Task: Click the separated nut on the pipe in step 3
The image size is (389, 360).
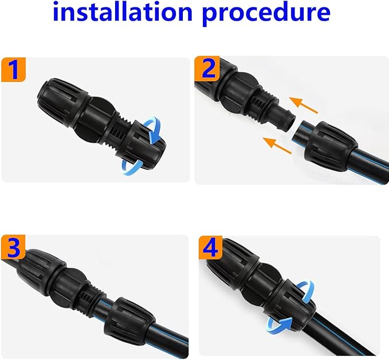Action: (x=130, y=319)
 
